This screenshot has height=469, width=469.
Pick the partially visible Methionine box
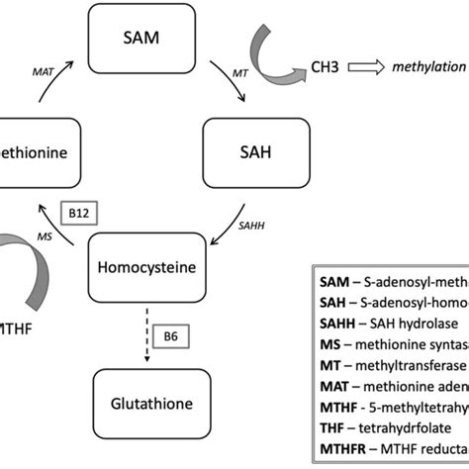pyautogui.click(x=30, y=155)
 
